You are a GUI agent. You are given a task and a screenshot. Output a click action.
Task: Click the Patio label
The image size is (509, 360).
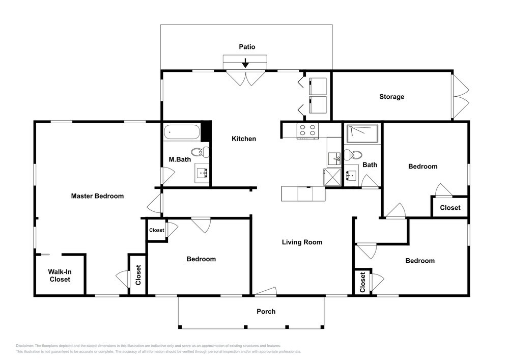click(x=247, y=47)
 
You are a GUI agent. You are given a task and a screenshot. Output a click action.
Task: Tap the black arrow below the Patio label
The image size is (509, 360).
click(x=245, y=63)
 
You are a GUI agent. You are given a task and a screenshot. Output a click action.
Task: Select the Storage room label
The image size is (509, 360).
click(x=391, y=97)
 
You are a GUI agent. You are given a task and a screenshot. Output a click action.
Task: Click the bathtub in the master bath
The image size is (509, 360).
click(x=181, y=132)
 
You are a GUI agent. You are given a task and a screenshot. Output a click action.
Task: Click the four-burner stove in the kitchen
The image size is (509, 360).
click(x=307, y=130)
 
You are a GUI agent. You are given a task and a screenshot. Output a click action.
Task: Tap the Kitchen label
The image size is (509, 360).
click(x=244, y=139)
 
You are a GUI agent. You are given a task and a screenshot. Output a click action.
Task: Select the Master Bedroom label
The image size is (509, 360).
click(x=97, y=196)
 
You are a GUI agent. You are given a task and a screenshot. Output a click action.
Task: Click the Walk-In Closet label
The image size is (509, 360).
click(x=60, y=275)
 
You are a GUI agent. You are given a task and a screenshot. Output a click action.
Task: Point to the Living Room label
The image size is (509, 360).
click(x=302, y=242)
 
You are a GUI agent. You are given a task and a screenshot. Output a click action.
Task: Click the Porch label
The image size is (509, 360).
click(x=266, y=311)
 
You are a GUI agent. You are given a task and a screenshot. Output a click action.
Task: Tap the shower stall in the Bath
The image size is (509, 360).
click(x=362, y=133)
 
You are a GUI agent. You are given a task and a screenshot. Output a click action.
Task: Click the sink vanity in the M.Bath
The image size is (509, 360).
click(x=202, y=173)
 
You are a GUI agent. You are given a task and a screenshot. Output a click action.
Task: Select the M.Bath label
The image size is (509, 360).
click(x=180, y=159)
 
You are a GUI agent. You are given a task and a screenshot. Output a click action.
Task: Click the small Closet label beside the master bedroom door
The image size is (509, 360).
click(x=156, y=230)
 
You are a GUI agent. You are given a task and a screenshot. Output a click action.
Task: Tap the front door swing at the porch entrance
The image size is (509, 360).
click(x=266, y=291)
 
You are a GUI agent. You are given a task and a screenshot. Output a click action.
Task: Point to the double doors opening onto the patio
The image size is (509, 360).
click(x=246, y=78)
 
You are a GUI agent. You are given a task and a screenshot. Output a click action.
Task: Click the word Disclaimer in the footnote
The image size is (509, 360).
click(x=24, y=346)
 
